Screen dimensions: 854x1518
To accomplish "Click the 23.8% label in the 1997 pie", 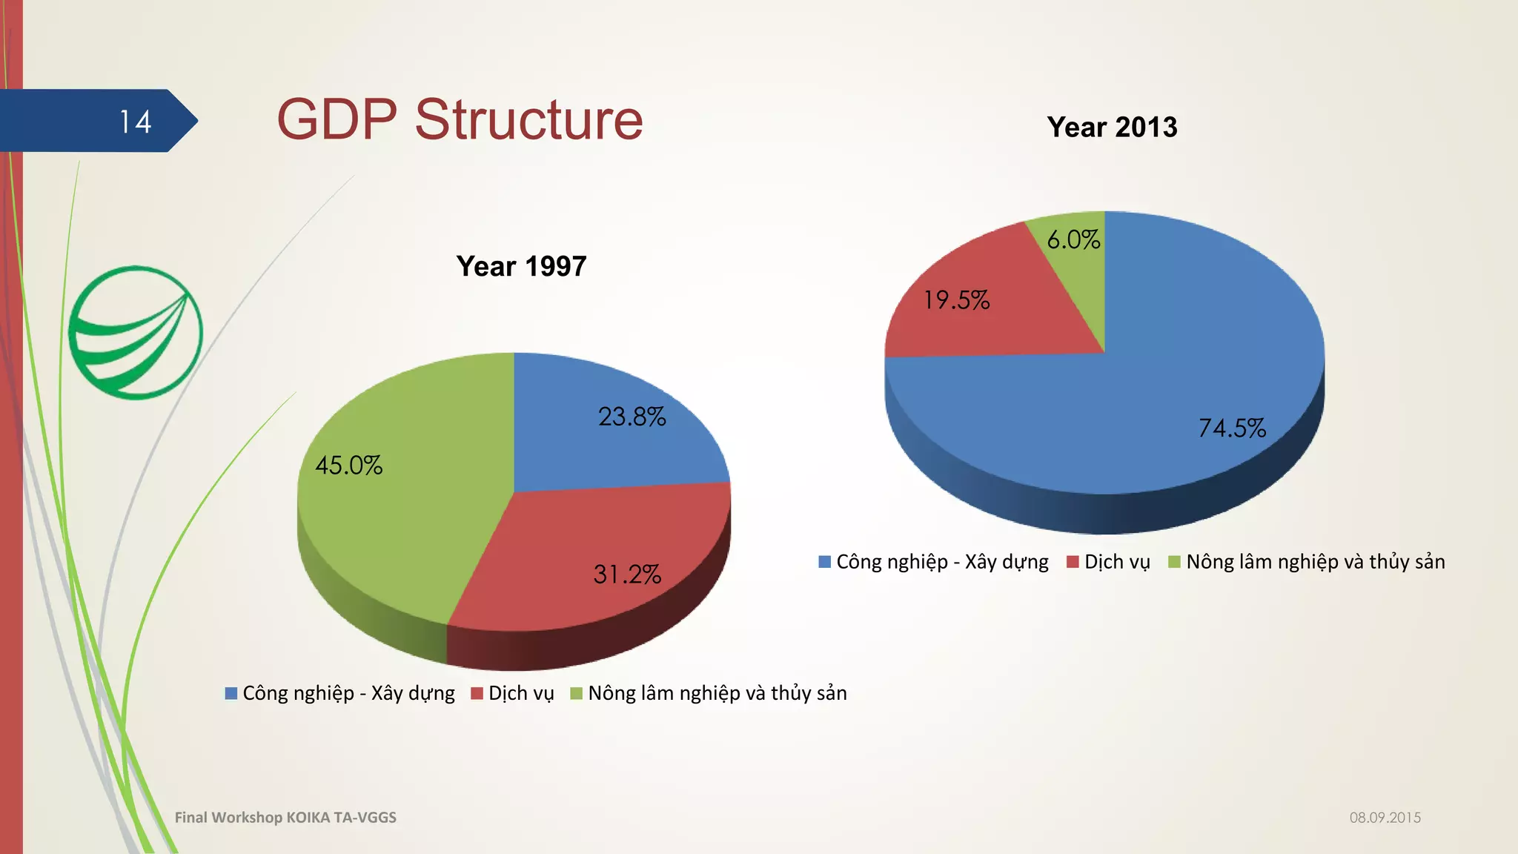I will pos(632,417).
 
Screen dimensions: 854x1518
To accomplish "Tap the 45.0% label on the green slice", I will pos(348,466).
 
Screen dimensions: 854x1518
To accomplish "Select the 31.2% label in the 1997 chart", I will pos(627,575).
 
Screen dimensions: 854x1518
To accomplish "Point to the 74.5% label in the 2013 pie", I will pos(1232,428).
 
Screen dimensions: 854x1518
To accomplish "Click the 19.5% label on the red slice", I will pos(956,300).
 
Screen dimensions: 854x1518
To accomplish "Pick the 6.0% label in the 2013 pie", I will pos(1073,239).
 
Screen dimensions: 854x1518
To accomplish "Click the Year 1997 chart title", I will pos(521,266).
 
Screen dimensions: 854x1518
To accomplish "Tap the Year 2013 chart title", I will pos(1112,128).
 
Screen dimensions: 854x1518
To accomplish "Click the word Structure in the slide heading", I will pos(528,119).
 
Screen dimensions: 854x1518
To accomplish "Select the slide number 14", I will pos(135,122).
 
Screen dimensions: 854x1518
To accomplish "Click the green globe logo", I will pos(136,333).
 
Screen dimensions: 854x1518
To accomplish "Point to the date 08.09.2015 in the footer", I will pos(1385,818).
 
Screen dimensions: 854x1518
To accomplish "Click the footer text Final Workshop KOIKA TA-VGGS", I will pos(285,818).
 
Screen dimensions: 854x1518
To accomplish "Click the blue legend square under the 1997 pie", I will pos(231,694).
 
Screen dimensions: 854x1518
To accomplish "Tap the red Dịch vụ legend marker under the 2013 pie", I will pos(1073,562).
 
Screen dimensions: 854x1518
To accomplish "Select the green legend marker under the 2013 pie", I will pos(1174,562).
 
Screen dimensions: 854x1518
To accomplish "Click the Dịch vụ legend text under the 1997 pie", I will pos(521,693).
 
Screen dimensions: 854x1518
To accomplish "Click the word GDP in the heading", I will pos(337,119).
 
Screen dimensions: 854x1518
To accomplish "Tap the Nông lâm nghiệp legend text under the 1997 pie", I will pos(717,693).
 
